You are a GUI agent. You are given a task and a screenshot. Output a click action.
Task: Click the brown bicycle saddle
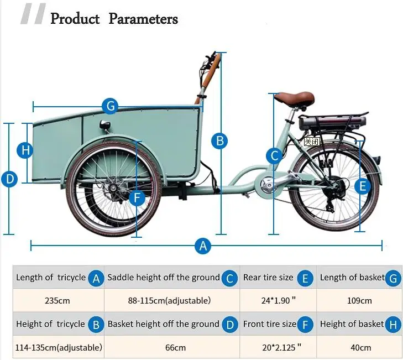tap(294, 99)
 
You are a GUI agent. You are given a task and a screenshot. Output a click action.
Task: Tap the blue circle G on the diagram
tap(110, 105)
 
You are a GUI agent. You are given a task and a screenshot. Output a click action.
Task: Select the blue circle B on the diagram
tap(220, 141)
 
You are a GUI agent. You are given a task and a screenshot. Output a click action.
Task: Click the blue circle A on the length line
tap(203, 246)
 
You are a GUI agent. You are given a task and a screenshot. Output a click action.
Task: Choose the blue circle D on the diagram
tap(9, 179)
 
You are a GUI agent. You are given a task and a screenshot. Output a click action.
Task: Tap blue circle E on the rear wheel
tap(362, 186)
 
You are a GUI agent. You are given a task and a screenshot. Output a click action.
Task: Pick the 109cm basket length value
tap(359, 301)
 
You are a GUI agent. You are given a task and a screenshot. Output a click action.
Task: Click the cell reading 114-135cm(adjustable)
tap(59, 348)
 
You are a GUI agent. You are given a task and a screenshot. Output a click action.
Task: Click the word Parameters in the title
tap(143, 19)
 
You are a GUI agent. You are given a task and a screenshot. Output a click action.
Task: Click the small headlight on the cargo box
tap(105, 125)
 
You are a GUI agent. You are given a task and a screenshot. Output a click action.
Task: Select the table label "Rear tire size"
tap(268, 277)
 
